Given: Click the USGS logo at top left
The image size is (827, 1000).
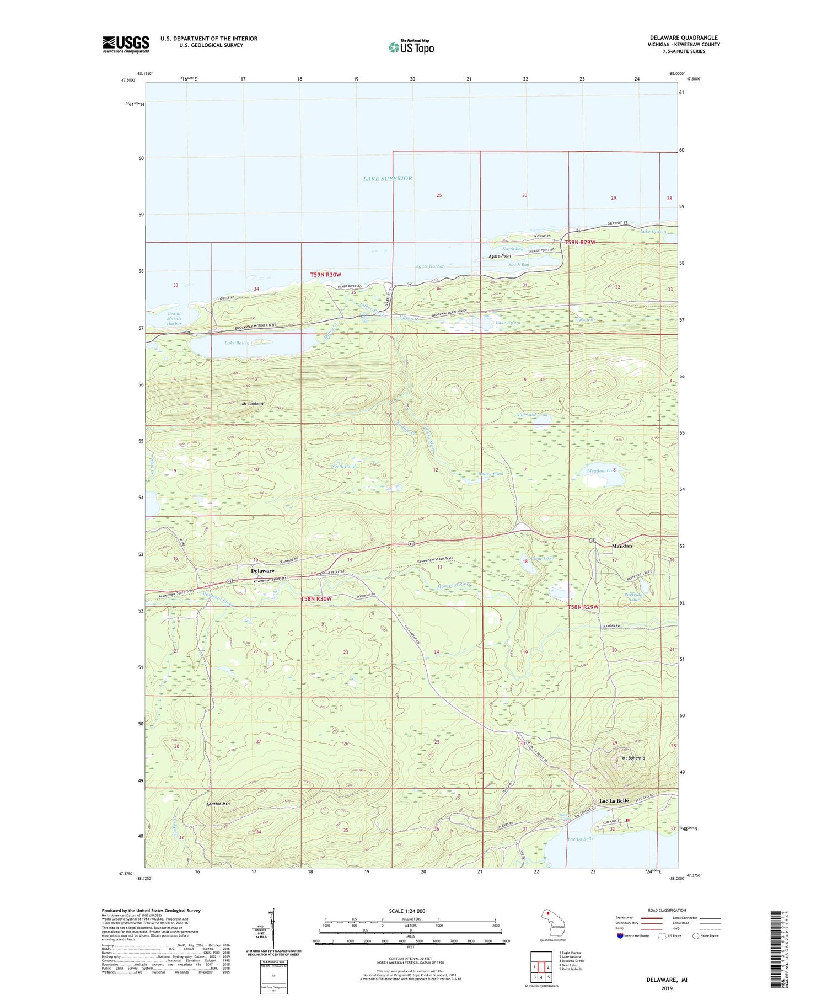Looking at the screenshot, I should click(x=126, y=44).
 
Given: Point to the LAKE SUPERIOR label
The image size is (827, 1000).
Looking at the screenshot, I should click(x=388, y=178).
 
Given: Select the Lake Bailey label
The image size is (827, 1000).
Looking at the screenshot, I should click(x=237, y=343).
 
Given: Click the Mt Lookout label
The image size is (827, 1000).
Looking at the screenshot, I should click(x=253, y=404).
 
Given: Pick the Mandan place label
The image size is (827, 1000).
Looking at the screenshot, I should click(x=622, y=546).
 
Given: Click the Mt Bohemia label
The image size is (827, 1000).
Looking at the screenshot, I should click(x=633, y=758).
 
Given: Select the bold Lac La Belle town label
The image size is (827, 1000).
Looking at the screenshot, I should click(x=614, y=801).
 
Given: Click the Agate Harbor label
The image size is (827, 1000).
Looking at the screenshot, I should click(x=429, y=266).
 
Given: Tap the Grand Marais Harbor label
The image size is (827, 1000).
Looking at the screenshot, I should click(x=174, y=319).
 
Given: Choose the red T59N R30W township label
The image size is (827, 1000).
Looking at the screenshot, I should click(x=325, y=275).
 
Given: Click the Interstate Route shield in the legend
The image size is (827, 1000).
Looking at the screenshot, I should click(x=620, y=936).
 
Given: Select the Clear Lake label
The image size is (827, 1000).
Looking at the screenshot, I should click(x=541, y=558).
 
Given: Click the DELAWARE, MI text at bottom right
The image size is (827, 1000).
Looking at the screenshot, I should click(x=667, y=980).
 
